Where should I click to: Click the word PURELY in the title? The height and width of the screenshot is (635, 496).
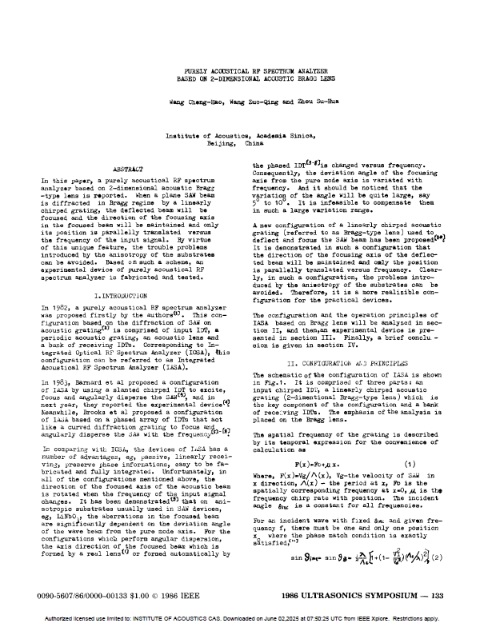pos(195,72)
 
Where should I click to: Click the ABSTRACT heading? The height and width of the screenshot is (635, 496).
pos(129,171)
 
